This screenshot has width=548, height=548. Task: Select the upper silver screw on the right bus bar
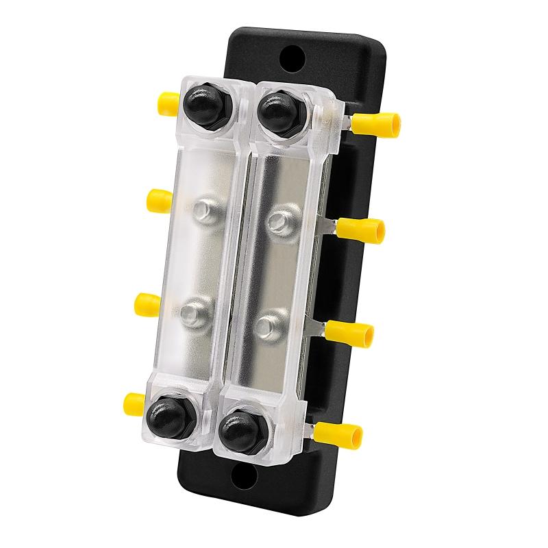coord(277,221)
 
